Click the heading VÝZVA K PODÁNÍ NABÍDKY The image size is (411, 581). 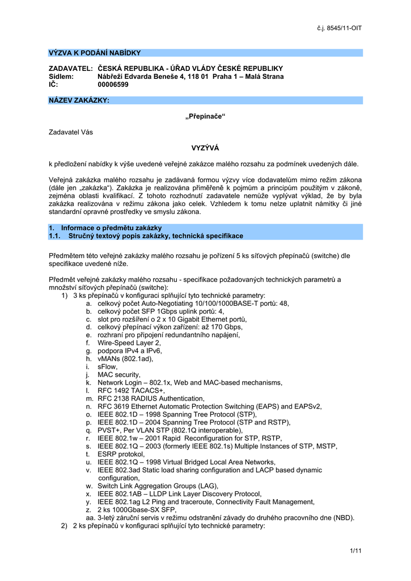pos(95,53)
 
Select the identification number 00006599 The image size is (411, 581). pos(113,85)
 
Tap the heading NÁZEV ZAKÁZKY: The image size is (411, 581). pos(79,100)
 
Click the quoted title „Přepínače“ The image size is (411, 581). pos(205,116)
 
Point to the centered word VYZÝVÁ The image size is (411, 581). pos(205,148)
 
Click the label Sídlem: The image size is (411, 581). pos(62,77)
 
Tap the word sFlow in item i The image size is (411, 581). pos(108,367)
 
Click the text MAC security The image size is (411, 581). pos(118,374)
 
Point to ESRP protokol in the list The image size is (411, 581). pos(121,454)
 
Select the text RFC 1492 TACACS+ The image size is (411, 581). pos(131,390)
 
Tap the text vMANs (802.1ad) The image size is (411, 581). pos(125,359)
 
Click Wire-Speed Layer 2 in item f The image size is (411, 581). pos(129,343)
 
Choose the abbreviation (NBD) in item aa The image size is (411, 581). pos(342,517)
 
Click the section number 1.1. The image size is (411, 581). pos(55,235)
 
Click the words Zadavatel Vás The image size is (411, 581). pos(71,132)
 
